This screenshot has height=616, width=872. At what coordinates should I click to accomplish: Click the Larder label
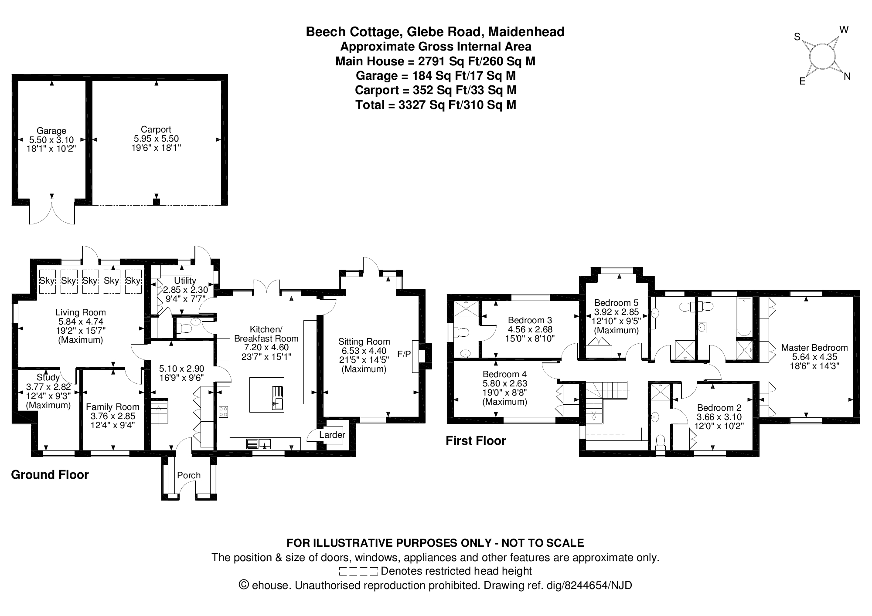click(332, 435)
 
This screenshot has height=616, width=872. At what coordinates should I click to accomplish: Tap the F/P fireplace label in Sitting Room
click(404, 354)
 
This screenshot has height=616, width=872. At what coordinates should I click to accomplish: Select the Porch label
click(189, 475)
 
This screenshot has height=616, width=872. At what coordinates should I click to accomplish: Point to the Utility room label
click(185, 281)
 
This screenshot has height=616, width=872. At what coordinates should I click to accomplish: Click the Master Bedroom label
click(814, 348)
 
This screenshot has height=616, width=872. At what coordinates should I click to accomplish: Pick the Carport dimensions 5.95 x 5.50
click(156, 139)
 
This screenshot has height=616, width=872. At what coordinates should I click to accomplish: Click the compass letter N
click(847, 77)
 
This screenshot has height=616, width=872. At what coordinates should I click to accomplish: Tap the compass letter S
click(797, 37)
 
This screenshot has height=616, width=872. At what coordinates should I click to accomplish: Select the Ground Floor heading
click(50, 474)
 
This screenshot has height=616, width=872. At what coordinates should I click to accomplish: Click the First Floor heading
click(476, 440)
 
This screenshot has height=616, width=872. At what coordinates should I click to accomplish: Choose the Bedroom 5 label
click(616, 303)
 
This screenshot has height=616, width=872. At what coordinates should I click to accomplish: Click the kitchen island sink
click(278, 397)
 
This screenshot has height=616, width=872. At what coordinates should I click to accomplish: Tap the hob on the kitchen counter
click(223, 412)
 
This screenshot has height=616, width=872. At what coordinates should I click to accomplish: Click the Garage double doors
click(52, 212)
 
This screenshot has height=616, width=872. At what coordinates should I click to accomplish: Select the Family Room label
click(112, 407)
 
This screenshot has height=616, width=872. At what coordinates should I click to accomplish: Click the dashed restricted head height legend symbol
click(358, 571)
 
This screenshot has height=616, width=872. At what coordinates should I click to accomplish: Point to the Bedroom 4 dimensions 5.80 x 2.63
click(504, 383)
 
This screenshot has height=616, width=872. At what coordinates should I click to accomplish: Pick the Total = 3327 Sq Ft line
click(436, 105)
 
